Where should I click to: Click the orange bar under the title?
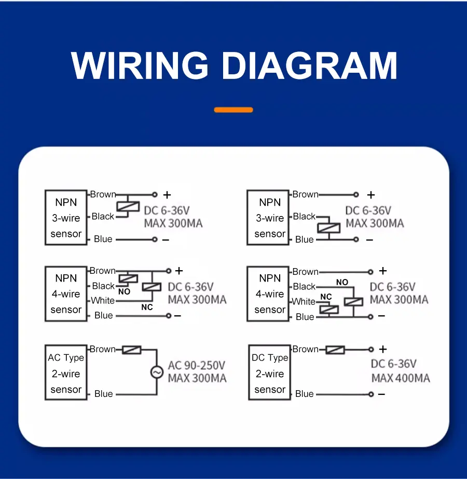click(233, 110)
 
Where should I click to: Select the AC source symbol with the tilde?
click(156, 372)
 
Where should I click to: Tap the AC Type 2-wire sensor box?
click(66, 373)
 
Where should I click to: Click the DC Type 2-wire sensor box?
click(269, 373)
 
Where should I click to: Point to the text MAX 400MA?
click(401, 378)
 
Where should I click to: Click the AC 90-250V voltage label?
click(197, 365)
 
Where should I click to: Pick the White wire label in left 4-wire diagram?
click(103, 300)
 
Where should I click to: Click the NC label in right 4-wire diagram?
click(326, 297)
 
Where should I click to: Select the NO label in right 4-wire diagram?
click(342, 282)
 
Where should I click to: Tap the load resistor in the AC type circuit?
click(131, 350)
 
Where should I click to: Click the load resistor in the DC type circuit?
click(335, 350)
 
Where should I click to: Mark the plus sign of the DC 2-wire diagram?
click(383, 350)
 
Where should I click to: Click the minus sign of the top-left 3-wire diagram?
click(166, 239)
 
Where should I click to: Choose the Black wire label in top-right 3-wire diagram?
click(304, 216)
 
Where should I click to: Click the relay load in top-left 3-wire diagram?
click(128, 206)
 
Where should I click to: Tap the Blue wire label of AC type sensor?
click(103, 394)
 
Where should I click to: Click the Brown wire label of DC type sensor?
click(306, 349)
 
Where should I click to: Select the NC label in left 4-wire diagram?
click(147, 307)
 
